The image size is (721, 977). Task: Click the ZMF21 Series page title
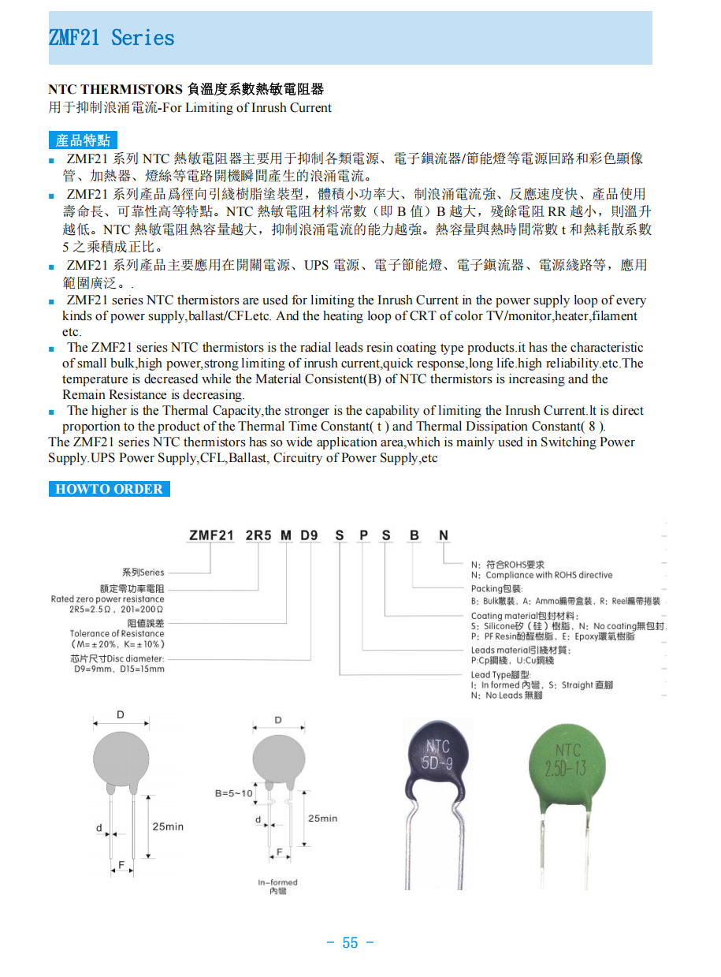point(111,38)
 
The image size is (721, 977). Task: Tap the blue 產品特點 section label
point(83,140)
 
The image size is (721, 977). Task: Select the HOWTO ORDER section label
point(109,489)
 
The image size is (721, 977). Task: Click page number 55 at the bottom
point(350,942)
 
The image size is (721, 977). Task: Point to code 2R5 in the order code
point(258,535)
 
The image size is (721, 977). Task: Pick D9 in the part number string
point(309,535)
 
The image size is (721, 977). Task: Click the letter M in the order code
point(285,535)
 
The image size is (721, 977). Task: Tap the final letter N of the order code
point(444,535)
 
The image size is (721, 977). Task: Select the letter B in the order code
point(414,535)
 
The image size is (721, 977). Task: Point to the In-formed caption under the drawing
point(278,882)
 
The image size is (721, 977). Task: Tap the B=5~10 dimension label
point(233,792)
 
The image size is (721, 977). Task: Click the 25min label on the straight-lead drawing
point(168,826)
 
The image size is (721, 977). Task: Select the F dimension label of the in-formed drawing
point(279,852)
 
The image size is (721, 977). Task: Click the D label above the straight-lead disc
point(121,715)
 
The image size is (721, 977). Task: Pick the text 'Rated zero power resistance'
point(108,599)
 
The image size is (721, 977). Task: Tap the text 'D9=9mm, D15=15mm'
point(118,669)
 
